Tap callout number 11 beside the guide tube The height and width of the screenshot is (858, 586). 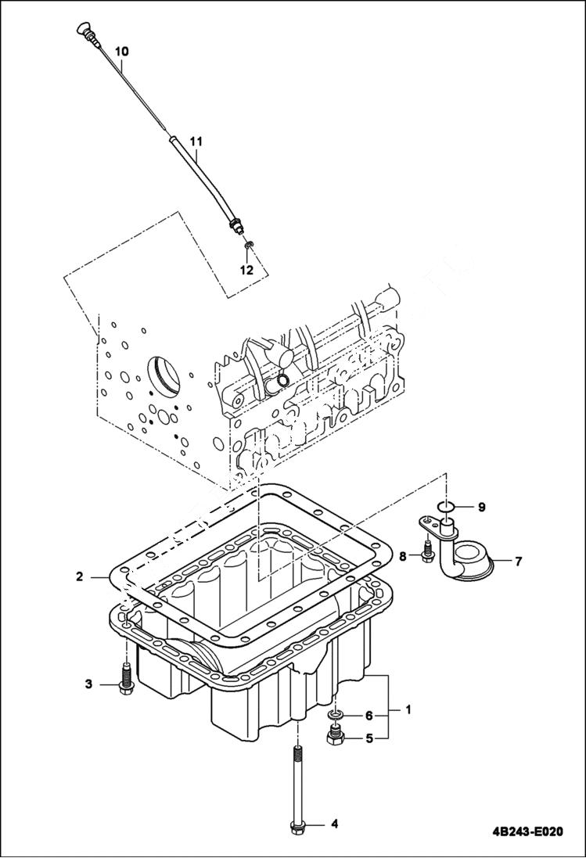pos(196,142)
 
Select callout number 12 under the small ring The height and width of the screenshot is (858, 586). pos(246,270)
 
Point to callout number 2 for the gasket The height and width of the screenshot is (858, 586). pos(80,577)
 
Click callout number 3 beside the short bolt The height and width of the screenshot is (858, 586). pos(89,684)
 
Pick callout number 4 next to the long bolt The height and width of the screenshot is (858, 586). pos(334,824)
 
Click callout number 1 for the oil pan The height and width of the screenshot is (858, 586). pos(408,709)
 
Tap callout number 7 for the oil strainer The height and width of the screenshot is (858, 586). pos(518,561)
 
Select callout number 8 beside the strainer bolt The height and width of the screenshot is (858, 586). pos(404,557)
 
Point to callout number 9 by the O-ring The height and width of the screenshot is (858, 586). pos(482,507)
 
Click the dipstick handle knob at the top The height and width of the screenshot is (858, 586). pos(81,31)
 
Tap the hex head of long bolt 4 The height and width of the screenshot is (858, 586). pos(298,825)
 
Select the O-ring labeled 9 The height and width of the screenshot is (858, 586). pos(446,507)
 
